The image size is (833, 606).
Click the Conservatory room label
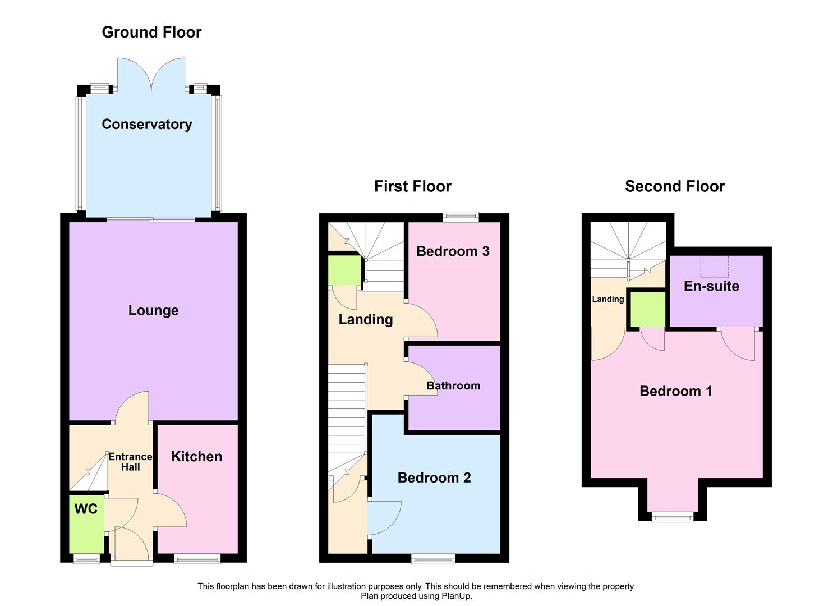(x=146, y=124)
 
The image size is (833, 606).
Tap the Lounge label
(x=153, y=310)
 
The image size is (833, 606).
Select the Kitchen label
(x=196, y=456)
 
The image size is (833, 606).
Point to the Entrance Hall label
(x=130, y=462)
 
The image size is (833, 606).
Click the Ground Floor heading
(x=151, y=32)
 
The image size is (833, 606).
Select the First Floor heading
(x=412, y=186)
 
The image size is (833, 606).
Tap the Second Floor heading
(x=675, y=186)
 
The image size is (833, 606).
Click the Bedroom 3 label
(x=453, y=251)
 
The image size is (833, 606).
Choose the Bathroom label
(x=453, y=385)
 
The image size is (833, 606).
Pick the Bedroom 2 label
(x=434, y=478)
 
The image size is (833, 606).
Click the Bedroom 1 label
(x=676, y=391)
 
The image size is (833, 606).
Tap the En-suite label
(x=711, y=286)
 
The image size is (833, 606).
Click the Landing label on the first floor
(x=366, y=319)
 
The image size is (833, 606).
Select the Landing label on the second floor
(x=608, y=299)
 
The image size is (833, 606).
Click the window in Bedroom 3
(x=461, y=217)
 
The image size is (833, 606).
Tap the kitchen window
(x=197, y=558)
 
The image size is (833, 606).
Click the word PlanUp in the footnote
(x=457, y=596)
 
